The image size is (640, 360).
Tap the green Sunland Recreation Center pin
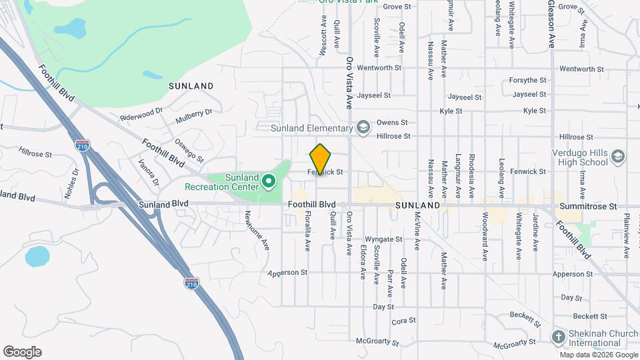click(268, 180)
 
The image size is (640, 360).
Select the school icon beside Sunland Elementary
click(363, 127)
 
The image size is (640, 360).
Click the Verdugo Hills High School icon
click(619, 156)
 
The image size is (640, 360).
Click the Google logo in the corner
click(22, 352)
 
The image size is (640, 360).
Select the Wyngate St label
click(383, 239)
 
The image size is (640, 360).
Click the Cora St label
click(399, 321)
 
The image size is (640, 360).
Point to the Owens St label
click(391, 123)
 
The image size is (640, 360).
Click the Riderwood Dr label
click(141, 114)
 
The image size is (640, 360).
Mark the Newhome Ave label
click(256, 231)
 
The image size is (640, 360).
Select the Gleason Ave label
click(551, 24)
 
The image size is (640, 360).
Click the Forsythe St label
click(527, 80)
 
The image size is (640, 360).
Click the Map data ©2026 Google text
click(599, 355)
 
